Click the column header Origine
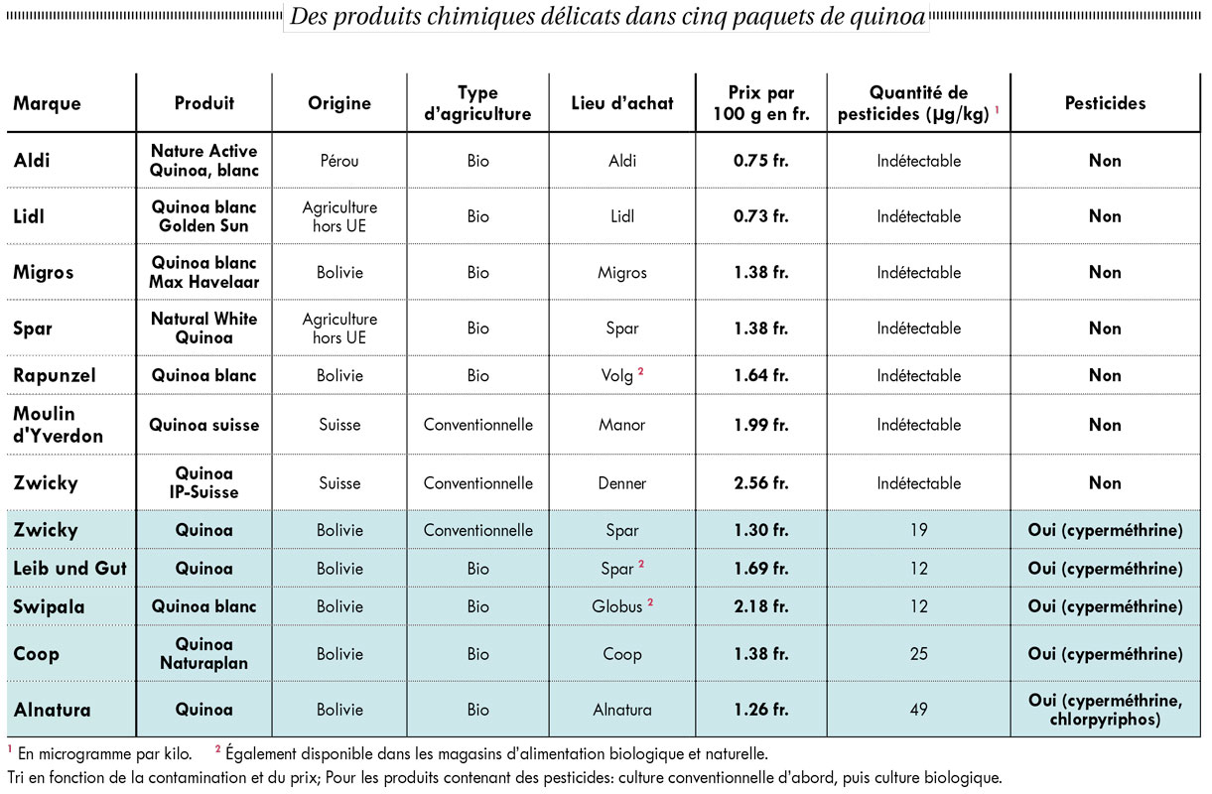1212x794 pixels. tap(339, 103)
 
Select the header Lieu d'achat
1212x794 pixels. tap(622, 103)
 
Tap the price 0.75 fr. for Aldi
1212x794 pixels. tap(760, 161)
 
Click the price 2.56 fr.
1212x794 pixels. tap(760, 483)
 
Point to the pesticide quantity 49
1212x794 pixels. tap(919, 709)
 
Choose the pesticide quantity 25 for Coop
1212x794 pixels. tap(919, 654)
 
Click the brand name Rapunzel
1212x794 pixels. tap(55, 376)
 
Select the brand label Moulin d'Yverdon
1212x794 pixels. tap(58, 425)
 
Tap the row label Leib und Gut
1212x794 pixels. tap(69, 569)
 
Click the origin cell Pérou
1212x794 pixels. tap(339, 161)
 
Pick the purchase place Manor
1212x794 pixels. tap(622, 425)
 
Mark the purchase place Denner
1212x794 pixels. tap(622, 483)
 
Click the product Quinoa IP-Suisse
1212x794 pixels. tap(203, 483)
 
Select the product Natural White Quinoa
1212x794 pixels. tap(203, 329)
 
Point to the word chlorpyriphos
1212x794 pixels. tap(1105, 720)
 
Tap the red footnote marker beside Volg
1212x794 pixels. tap(641, 371)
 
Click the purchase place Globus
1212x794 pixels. tap(616, 606)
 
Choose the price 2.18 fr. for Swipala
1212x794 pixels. tap(760, 606)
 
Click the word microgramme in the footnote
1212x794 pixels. tap(83, 754)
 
